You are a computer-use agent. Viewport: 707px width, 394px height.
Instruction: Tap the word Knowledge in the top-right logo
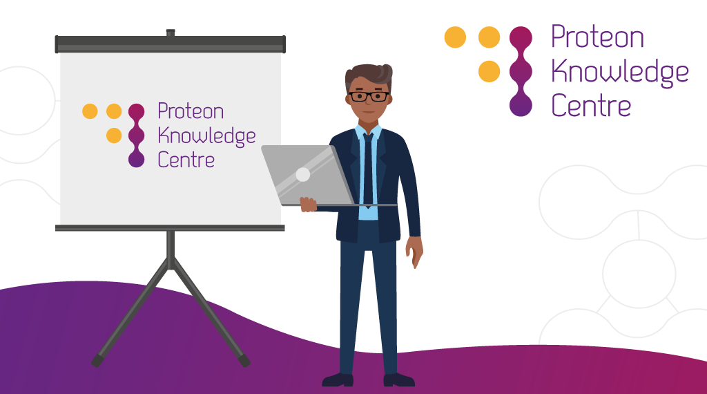coord(620,73)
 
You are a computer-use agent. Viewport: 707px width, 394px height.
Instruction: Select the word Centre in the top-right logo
coord(591,105)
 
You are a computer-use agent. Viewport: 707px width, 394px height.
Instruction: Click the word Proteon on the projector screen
coord(191,111)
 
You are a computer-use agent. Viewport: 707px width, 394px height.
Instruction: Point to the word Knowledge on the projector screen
coord(206,136)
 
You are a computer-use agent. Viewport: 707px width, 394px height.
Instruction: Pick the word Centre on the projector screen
coord(186,160)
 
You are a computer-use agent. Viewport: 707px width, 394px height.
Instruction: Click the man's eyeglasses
coord(369,96)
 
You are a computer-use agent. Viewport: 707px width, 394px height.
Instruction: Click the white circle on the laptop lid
coord(302,174)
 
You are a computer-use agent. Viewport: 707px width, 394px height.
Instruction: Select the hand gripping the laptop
coord(309,205)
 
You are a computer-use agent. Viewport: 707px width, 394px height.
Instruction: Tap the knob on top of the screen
coord(171,32)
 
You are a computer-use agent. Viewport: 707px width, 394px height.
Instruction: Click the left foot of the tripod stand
coord(97,360)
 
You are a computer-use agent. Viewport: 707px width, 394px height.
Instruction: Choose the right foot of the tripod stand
coord(244,361)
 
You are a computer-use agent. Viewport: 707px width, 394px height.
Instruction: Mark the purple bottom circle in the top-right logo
coord(521,105)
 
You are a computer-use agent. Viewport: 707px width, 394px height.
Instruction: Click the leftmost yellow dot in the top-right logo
coord(455,37)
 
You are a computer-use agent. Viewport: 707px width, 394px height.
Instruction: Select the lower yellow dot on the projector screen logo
coord(114,135)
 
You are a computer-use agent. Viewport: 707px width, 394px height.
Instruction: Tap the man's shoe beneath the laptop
coord(338,379)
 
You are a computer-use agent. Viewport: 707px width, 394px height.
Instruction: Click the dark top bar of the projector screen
coord(171,44)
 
